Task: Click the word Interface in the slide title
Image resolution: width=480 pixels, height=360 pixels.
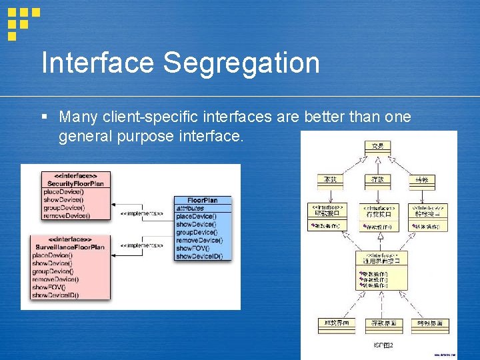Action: tap(98, 63)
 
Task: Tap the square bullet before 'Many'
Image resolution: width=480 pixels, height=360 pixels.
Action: tap(44, 117)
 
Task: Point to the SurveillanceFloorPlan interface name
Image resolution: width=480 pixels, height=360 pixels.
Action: tap(69, 247)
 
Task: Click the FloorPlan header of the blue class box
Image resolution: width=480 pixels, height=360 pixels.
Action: tap(202, 200)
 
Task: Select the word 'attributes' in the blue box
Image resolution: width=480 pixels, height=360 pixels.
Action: tap(191, 208)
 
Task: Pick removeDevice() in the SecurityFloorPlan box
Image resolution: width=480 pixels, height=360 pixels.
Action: tap(66, 215)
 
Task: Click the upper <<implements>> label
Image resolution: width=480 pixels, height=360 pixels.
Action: tap(141, 213)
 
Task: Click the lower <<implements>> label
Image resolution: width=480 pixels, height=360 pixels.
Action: tap(141, 245)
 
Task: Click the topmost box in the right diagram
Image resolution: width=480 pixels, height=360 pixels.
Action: tap(377, 146)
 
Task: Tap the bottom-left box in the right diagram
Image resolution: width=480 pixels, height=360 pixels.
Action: tap(336, 325)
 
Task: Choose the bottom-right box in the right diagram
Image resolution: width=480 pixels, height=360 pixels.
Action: tap(429, 325)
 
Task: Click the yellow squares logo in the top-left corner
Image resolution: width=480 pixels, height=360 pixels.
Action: tap(23, 21)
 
